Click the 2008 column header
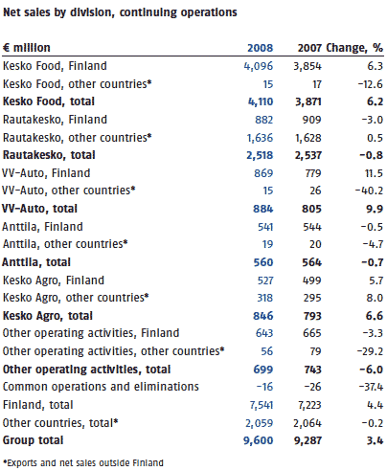[261, 48]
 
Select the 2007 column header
[309, 48]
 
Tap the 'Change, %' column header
[354, 48]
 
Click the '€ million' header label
[27, 48]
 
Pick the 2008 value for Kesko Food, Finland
[259, 66]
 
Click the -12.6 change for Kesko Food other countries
[370, 84]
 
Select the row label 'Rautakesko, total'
[49, 155]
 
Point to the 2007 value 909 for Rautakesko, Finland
[311, 120]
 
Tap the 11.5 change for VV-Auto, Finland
[374, 173]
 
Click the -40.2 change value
[369, 191]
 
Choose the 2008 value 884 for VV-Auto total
[263, 209]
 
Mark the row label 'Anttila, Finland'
[42, 227]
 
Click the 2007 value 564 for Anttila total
[312, 262]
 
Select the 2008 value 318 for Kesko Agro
[265, 298]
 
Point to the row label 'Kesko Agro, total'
[48, 316]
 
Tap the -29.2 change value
[370, 351]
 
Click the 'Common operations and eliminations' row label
[101, 387]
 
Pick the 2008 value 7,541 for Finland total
[262, 405]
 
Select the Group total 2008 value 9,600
[259, 440]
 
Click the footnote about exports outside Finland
[83, 463]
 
